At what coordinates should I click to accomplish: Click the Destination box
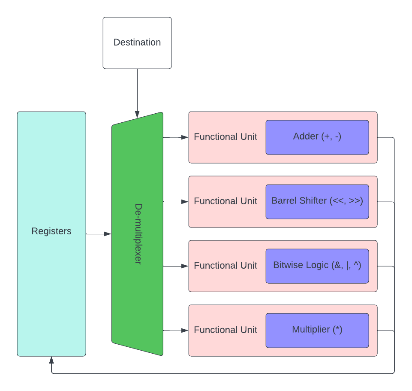(x=137, y=42)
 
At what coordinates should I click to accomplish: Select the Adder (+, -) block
(x=317, y=137)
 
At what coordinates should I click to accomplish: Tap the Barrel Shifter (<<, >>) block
(x=317, y=201)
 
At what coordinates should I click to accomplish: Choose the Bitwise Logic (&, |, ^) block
(x=317, y=266)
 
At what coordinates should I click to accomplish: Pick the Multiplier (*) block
(x=317, y=330)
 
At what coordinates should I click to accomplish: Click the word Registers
(x=51, y=231)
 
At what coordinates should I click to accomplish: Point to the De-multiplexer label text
(x=138, y=234)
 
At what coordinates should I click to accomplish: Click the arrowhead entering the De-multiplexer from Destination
(x=137, y=115)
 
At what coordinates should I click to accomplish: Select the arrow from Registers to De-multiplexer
(x=99, y=234)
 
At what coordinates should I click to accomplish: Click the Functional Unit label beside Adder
(x=226, y=137)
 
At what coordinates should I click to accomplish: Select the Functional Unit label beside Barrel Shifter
(x=226, y=201)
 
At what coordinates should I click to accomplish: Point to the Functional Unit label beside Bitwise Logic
(x=226, y=266)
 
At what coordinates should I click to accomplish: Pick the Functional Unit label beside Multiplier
(x=226, y=330)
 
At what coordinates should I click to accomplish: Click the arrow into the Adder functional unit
(x=176, y=137)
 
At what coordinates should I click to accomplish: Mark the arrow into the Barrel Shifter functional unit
(x=176, y=202)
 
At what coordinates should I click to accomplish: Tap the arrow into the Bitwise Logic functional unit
(x=176, y=266)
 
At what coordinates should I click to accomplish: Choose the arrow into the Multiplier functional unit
(x=176, y=330)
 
